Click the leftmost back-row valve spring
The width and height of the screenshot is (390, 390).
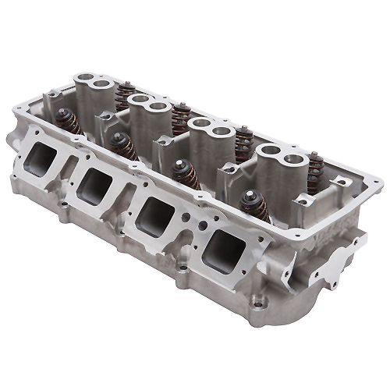pyautogui.click(x=125, y=94)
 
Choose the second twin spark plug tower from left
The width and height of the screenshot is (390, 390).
pyautogui.click(x=147, y=110)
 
